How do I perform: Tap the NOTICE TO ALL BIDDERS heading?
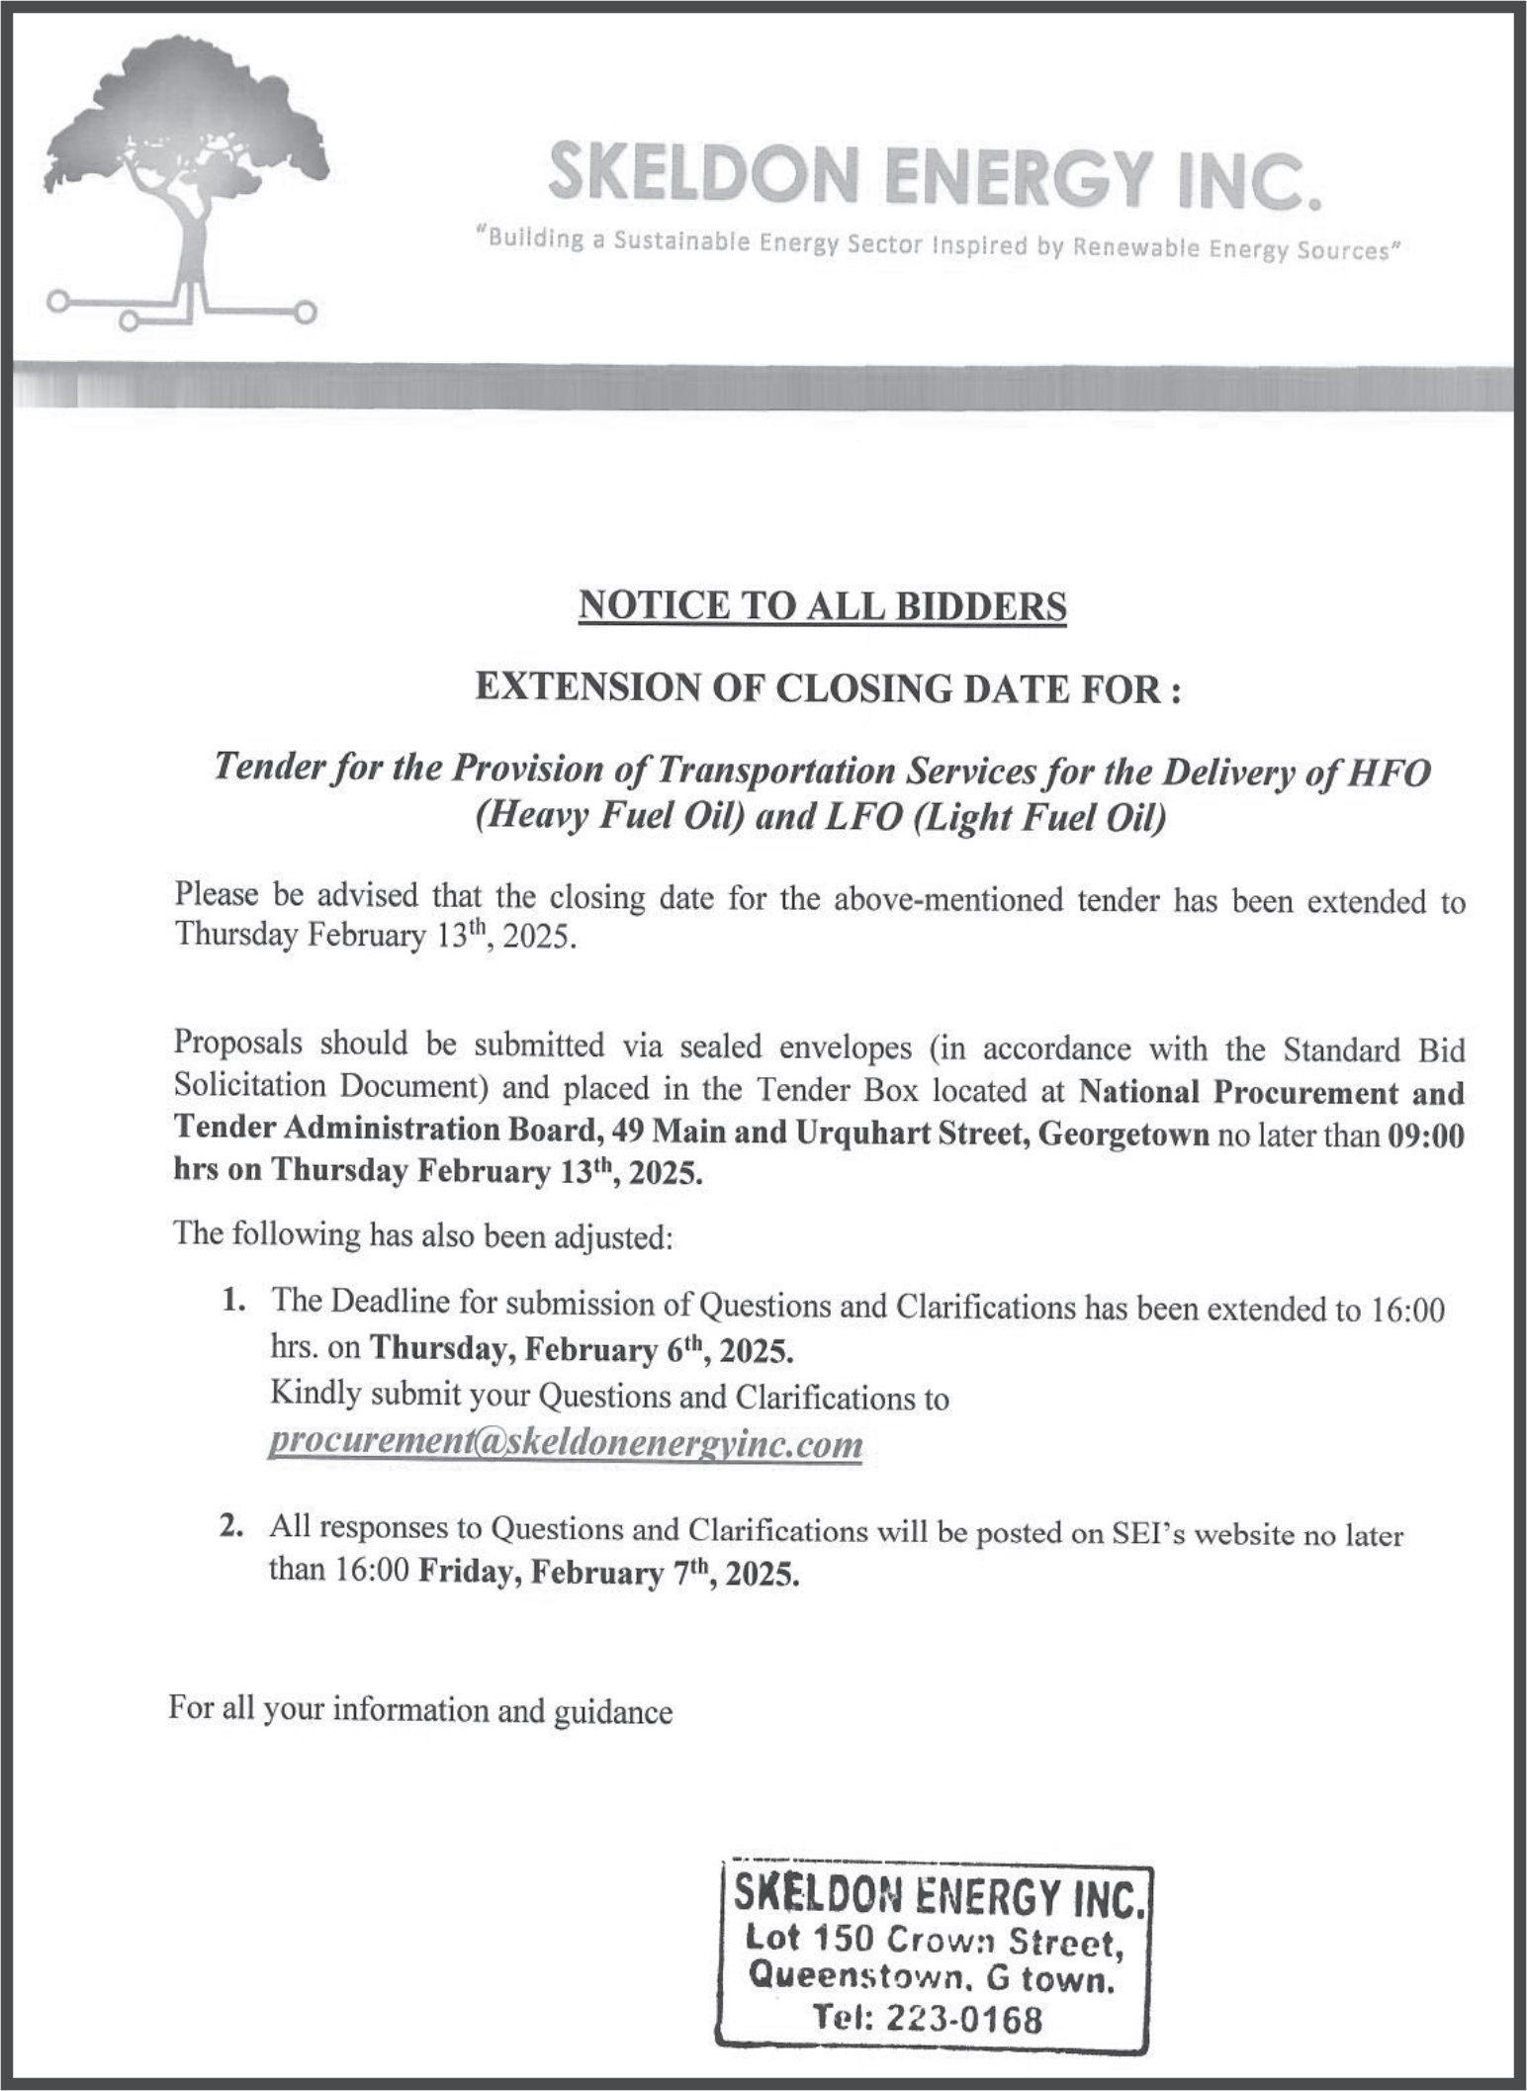point(822,605)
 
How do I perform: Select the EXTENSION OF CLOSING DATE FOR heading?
point(828,688)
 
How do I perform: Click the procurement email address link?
point(566,1443)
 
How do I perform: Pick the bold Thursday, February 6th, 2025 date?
point(582,1350)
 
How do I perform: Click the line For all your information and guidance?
point(420,1710)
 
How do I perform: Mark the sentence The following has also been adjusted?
point(423,1235)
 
